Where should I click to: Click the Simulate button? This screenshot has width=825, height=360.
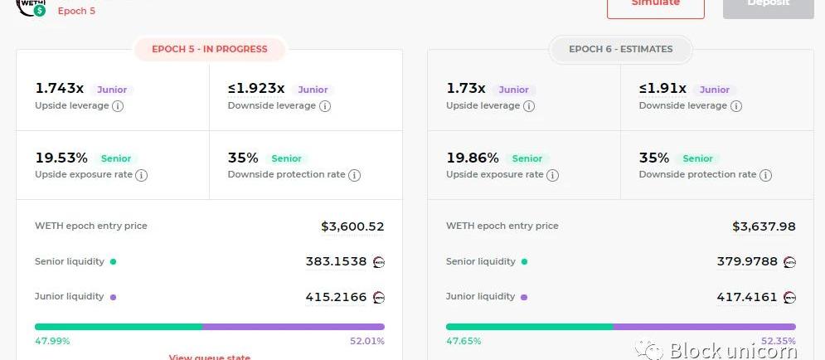pyautogui.click(x=655, y=4)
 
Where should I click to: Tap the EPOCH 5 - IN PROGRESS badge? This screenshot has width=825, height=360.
pyautogui.click(x=210, y=49)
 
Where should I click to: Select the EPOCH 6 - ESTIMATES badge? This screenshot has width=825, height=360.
pyautogui.click(x=620, y=49)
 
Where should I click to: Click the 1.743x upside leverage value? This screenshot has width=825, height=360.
pyautogui.click(x=59, y=89)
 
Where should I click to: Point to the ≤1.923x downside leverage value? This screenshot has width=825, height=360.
pyautogui.click(x=256, y=89)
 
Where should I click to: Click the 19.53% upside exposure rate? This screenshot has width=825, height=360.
pyautogui.click(x=61, y=158)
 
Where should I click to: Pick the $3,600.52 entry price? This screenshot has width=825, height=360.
pyautogui.click(x=352, y=226)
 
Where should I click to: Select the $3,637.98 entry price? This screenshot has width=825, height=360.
pyautogui.click(x=764, y=226)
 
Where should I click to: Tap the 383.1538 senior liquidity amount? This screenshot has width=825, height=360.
pyautogui.click(x=336, y=261)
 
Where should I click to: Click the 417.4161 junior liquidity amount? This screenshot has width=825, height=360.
pyautogui.click(x=747, y=296)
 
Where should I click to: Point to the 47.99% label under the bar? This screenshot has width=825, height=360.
pyautogui.click(x=52, y=341)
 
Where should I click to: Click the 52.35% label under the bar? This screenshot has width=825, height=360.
pyautogui.click(x=778, y=341)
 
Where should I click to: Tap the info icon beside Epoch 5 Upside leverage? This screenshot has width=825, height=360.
pyautogui.click(x=118, y=106)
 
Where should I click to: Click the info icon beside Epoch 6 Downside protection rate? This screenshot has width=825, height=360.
pyautogui.click(x=765, y=175)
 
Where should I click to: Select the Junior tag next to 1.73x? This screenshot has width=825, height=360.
pyautogui.click(x=513, y=90)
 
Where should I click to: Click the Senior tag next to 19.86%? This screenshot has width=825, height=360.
pyautogui.click(x=527, y=158)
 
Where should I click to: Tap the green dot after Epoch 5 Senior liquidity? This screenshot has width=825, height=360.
pyautogui.click(x=113, y=262)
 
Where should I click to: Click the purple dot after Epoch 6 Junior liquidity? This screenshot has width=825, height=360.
pyautogui.click(x=524, y=297)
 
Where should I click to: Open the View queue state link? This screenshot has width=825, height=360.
pyautogui.click(x=209, y=358)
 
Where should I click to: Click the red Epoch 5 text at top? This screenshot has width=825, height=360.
pyautogui.click(x=76, y=12)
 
